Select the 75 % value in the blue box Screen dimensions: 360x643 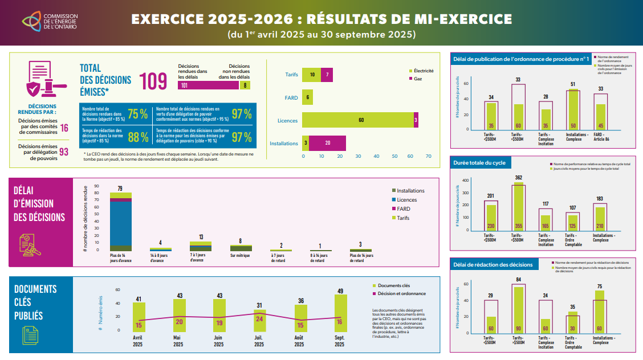pyautogui.click(x=137, y=113)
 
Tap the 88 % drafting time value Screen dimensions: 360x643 pyautogui.click(x=137, y=137)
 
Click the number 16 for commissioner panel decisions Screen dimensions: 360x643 pyautogui.click(x=64, y=128)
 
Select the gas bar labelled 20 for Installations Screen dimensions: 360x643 pyautogui.click(x=328, y=143)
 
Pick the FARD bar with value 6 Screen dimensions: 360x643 pyautogui.click(x=307, y=97)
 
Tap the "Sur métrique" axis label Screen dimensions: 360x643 pyautogui.click(x=241, y=256)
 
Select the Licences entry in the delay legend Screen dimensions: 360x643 pyautogui.click(x=406, y=200)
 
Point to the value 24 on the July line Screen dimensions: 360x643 pyautogui.click(x=259, y=319)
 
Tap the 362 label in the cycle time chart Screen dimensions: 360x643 pyautogui.click(x=518, y=178)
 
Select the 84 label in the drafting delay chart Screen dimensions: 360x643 pyautogui.click(x=518, y=280)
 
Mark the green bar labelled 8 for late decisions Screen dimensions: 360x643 pyautogui.click(x=245, y=85)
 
